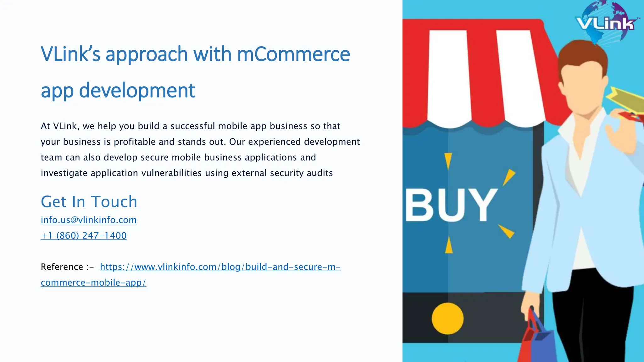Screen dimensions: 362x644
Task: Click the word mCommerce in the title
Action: [293, 54]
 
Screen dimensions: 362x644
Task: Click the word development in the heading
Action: [137, 90]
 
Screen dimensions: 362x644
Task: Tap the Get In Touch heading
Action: [89, 201]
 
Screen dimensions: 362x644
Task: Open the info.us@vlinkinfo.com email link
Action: [89, 220]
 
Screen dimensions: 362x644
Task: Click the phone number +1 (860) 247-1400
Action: [84, 235]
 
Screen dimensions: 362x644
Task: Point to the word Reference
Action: [62, 267]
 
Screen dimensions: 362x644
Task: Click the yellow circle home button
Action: [447, 318]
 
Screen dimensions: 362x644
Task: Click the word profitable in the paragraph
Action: [135, 142]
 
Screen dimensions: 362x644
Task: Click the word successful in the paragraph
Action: [193, 126]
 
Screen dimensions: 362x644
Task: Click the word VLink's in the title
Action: [70, 54]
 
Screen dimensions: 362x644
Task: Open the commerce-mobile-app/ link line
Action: [93, 282]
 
